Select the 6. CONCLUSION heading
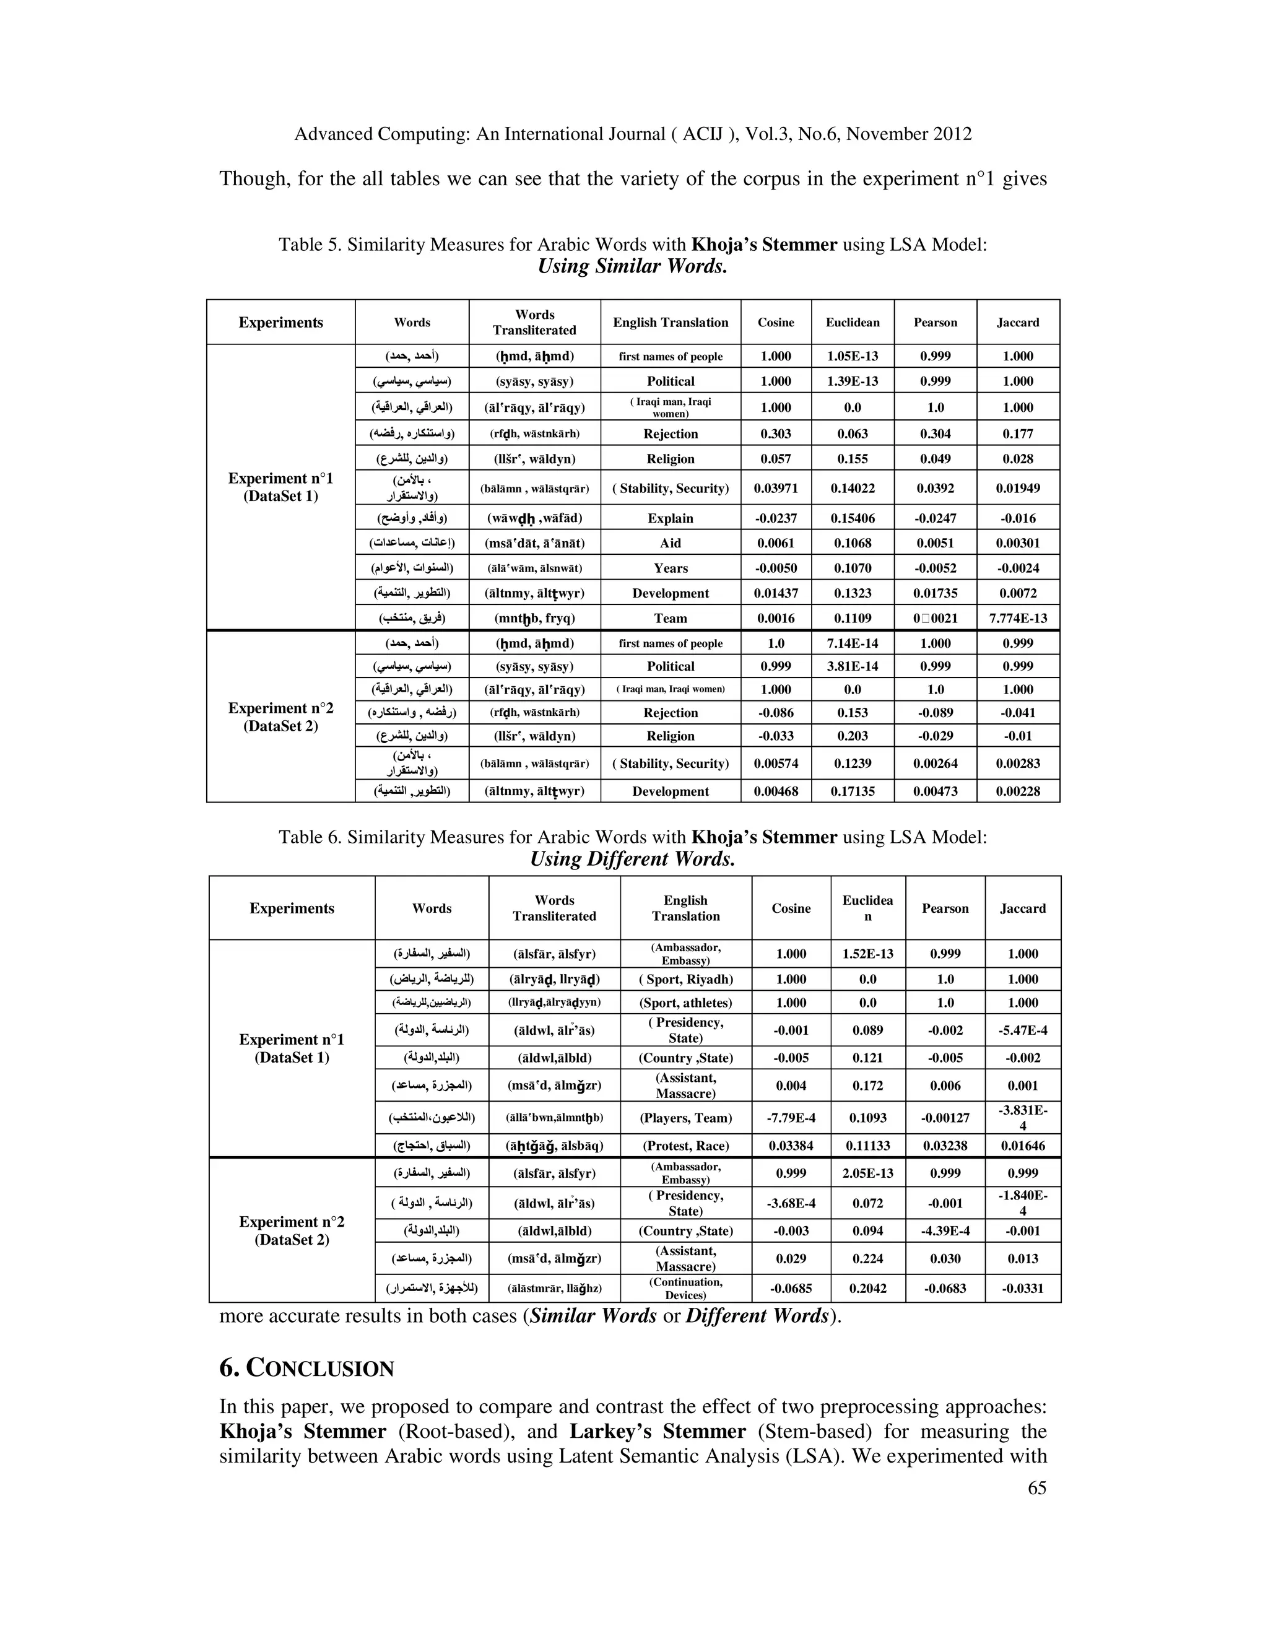306,1369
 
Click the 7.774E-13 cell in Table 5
1018,619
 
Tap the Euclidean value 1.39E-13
853,381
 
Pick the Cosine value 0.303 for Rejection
776,433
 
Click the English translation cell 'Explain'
670,518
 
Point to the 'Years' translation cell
670,568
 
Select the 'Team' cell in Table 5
670,619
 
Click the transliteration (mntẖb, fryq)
534,619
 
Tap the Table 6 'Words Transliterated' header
554,908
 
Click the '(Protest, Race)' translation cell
685,1146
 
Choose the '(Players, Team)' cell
685,1118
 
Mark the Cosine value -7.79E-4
791,1118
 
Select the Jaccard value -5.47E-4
1022,1030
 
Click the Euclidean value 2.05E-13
867,1173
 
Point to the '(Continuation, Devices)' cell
685,1289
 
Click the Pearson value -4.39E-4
945,1232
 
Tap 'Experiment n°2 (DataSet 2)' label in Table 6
292,1231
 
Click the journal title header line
633,134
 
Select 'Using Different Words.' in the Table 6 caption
633,860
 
